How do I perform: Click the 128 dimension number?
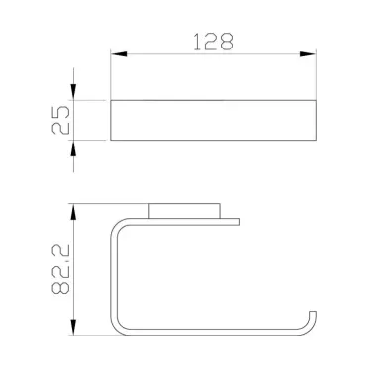(213, 42)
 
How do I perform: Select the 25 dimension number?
(61, 120)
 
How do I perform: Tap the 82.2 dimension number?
(60, 269)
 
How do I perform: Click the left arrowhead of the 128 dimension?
(119, 54)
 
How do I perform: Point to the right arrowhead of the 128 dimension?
(308, 54)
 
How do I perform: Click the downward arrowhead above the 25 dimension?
(73, 92)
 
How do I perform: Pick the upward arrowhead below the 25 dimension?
(73, 147)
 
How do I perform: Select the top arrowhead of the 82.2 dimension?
(73, 212)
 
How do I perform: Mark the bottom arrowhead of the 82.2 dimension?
(73, 327)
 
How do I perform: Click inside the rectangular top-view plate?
(213, 120)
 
